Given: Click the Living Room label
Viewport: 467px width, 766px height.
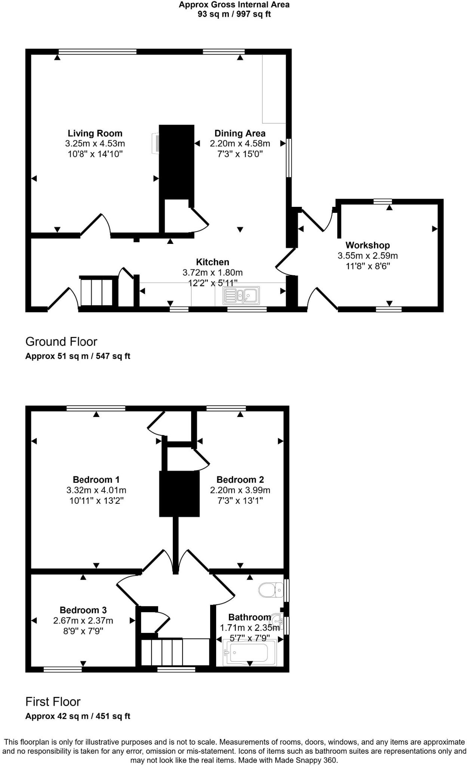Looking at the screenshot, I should pos(95,133).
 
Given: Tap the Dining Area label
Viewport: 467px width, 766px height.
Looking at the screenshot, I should pos(240,133).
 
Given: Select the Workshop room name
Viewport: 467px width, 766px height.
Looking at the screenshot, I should pos(368,245).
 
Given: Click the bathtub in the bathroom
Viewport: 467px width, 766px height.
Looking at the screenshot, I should pos(249,652).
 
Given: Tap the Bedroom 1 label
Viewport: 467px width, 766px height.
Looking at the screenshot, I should pos(96,479).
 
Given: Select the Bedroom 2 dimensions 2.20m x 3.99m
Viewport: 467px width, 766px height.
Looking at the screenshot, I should pos(240,490).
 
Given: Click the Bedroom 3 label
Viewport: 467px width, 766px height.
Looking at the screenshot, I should pos(83,610).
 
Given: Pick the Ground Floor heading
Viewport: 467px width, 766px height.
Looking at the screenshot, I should pos(61,341).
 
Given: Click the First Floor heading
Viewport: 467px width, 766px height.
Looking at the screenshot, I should pos(53,702).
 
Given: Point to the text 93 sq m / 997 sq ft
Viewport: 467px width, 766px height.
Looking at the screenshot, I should pos(234,14).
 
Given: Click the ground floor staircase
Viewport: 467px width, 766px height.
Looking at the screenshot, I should pos(97,291).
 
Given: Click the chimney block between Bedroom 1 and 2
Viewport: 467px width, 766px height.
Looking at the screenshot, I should pos(179,494).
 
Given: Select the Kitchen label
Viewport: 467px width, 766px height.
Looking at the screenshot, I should pos(212,262).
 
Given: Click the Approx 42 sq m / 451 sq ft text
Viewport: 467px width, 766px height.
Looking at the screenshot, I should pos(78,716).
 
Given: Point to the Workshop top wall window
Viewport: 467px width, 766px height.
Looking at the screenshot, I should pos(382,201).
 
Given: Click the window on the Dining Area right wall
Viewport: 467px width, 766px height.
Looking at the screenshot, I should pos(289,157).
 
